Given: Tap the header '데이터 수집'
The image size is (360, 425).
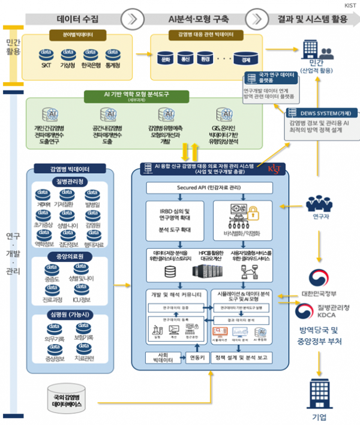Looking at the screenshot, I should pos(79,19).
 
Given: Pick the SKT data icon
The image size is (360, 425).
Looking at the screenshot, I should pos(46,55).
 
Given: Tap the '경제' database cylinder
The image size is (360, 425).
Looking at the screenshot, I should pos(245,59).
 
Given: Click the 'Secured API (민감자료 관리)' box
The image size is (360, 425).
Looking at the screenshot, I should pos(210,188).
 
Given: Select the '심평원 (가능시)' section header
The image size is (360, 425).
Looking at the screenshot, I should pos(70,315).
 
